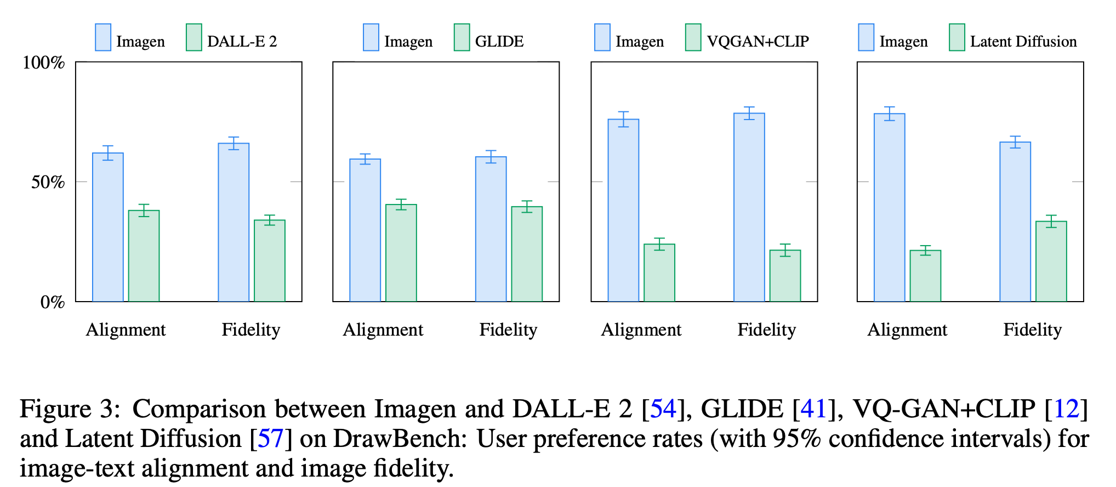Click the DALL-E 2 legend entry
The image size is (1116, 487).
242,41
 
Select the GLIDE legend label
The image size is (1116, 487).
499,41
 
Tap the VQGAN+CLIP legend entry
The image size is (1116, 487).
758,41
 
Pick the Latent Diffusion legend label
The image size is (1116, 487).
1023,41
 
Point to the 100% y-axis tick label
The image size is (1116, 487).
44,63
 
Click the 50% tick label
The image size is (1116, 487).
48,182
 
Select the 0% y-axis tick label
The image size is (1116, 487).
53,302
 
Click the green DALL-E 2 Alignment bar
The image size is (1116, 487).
144,256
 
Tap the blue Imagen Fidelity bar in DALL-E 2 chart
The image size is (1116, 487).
234,222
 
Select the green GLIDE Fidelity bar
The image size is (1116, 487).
527,254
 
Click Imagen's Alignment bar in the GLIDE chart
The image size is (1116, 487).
365,230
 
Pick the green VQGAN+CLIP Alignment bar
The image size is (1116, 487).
659,273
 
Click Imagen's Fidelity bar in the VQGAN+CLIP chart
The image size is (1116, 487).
749,207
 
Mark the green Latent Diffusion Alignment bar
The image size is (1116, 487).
925,276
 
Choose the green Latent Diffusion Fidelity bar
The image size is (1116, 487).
1051,261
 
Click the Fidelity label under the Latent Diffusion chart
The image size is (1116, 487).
1032,330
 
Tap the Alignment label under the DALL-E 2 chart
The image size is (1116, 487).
126,330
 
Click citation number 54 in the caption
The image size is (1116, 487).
663,409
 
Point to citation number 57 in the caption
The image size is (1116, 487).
270,439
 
